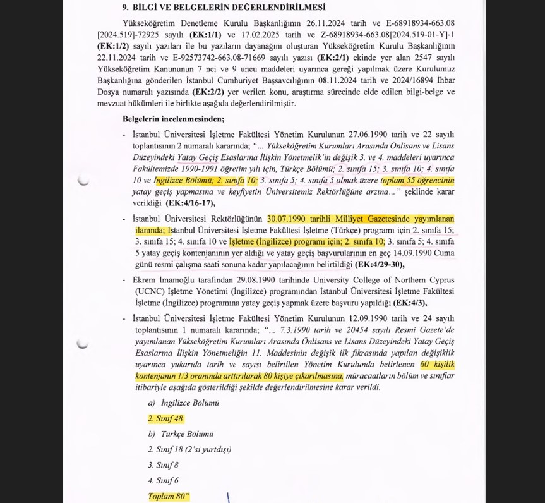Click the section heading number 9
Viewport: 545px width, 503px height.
[126, 8]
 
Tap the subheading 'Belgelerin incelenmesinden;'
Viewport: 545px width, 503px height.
[173, 118]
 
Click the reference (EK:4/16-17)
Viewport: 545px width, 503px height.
[190, 203]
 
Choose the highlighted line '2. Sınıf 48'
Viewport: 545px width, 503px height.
[165, 418]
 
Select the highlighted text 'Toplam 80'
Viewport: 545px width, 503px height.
[168, 496]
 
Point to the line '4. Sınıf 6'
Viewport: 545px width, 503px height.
[163, 480]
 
